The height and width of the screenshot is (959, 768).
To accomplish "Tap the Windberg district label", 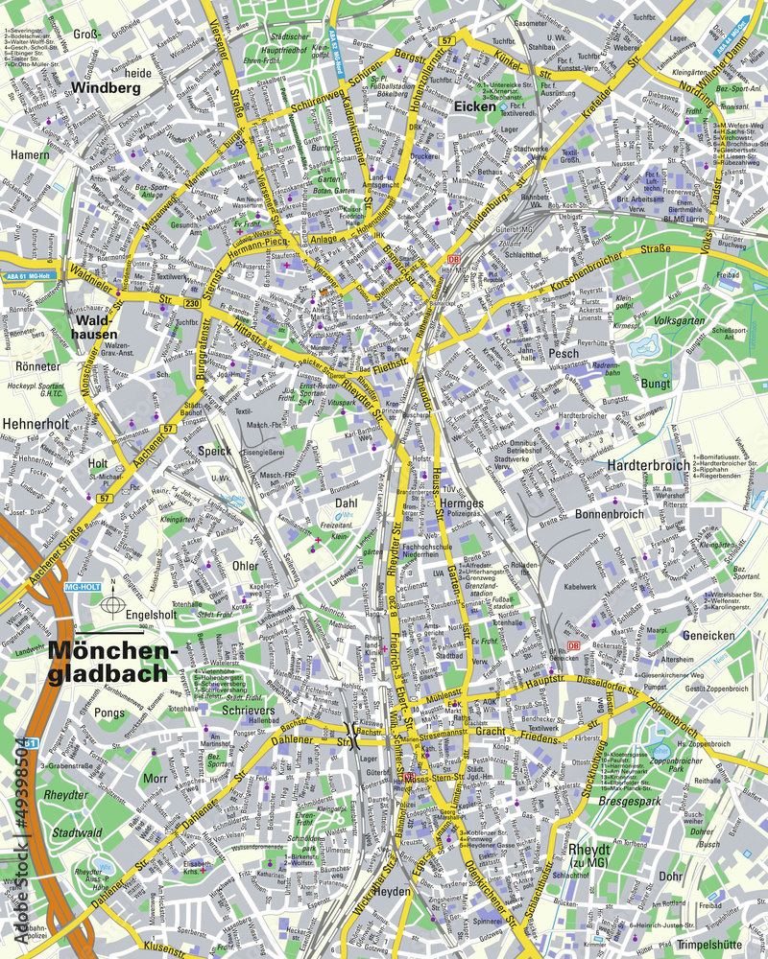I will click(x=106, y=87).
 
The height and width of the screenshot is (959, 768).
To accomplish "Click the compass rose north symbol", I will click(x=113, y=604).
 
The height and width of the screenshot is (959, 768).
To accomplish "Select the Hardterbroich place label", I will click(x=648, y=465).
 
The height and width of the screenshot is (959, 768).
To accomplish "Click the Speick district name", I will click(x=215, y=451).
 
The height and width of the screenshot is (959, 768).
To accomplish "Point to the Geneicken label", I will click(x=708, y=635).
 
